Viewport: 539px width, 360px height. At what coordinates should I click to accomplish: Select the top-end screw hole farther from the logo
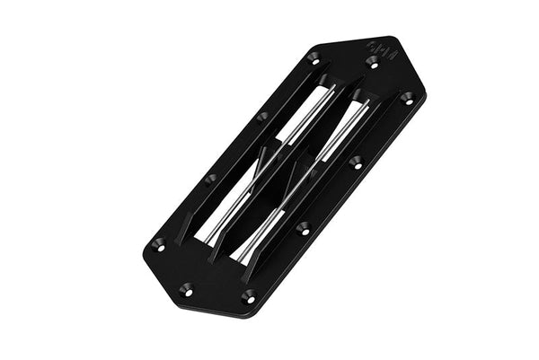coord(313,57)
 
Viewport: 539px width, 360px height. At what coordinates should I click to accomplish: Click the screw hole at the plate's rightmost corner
coord(406,97)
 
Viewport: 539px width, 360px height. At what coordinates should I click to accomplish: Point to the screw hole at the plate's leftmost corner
coord(159,244)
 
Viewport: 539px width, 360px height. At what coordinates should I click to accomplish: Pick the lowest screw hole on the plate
coord(248,295)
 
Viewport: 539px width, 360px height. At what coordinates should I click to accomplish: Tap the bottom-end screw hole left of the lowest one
coord(186,288)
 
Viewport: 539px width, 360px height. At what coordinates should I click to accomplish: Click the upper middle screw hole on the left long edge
coord(261,116)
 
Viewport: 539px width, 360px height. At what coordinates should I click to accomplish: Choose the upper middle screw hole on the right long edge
coord(356,162)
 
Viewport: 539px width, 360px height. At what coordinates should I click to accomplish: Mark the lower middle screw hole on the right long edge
coord(304,227)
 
